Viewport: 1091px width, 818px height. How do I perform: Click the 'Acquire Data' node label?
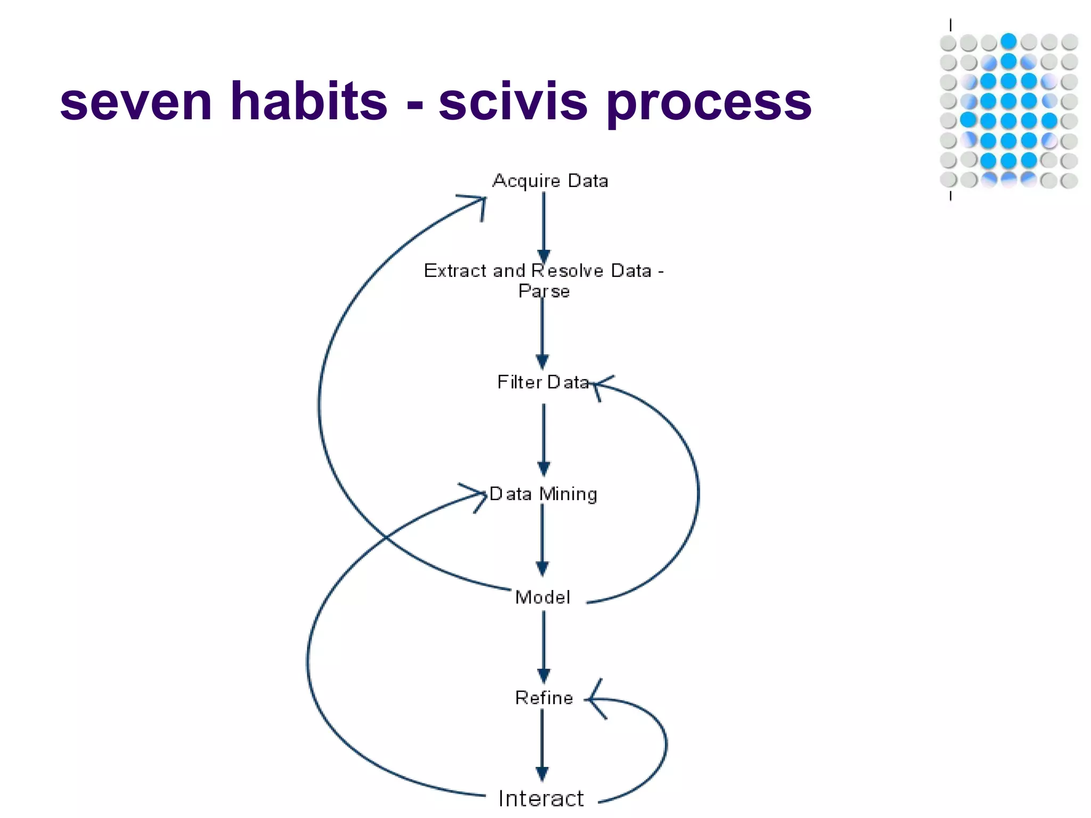550,181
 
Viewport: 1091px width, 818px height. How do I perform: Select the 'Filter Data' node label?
543,382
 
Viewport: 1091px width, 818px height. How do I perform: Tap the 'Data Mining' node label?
543,494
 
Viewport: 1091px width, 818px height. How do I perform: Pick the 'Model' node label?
542,598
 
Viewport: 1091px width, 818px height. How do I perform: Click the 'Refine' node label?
544,698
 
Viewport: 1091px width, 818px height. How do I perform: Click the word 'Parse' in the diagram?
544,292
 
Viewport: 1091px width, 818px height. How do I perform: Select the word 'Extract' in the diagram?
455,271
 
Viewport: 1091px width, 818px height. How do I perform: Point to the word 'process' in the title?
709,104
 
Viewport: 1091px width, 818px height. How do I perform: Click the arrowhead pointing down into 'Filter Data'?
543,362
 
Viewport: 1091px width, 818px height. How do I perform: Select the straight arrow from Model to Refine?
543,644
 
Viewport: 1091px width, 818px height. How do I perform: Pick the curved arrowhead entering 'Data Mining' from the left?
477,495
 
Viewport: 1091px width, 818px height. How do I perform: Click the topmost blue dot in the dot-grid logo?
1008,41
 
